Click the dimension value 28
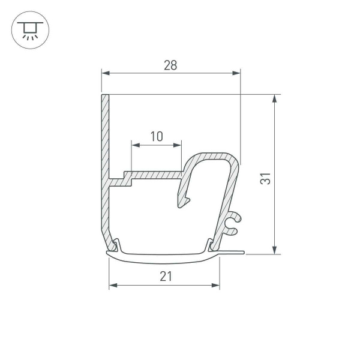click(170, 65)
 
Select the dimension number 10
click(156, 137)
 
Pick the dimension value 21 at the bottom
click(166, 276)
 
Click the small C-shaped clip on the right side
click(233, 223)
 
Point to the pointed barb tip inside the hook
click(181, 207)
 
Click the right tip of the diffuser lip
click(243, 253)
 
